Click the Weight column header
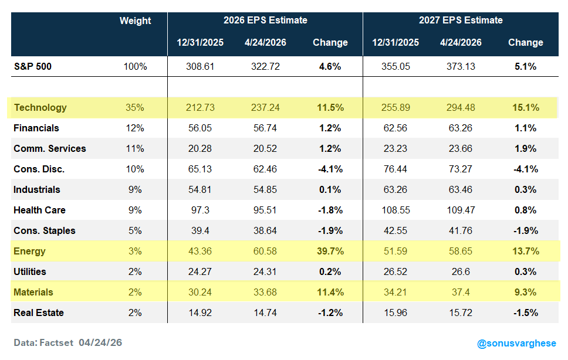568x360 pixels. pos(135,21)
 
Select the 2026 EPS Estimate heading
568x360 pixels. pos(265,21)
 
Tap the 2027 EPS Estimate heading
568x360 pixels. pos(461,21)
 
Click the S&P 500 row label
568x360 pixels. pos(33,67)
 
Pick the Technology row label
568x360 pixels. pos(40,107)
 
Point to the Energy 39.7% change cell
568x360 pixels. pos(330,251)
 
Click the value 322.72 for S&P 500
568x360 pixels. pos(265,67)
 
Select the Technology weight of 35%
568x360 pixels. pos(135,107)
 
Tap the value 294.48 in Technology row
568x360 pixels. pos(461,107)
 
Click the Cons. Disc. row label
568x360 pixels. pos(39,169)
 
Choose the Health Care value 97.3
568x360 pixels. pos(200,210)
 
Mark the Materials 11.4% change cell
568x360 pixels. pos(330,292)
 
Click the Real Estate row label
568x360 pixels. pos(38,313)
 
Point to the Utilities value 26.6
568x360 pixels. pos(461,271)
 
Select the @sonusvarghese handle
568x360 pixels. pos(516,344)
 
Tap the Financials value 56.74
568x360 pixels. pos(265,128)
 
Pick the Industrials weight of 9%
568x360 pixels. pos(135,189)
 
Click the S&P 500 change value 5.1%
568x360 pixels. pos(526,67)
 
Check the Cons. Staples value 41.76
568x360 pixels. pos(461,230)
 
